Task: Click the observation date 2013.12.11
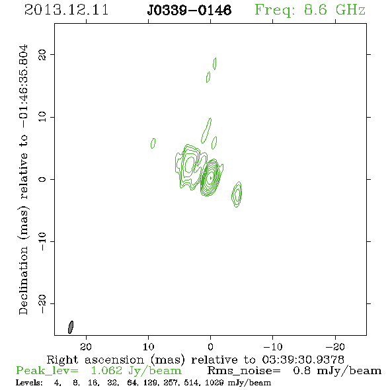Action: (x=66, y=10)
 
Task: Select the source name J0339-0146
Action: (x=189, y=11)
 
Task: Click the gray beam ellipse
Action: (x=71, y=327)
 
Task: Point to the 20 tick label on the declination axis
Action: (x=42, y=55)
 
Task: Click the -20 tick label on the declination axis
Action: (x=42, y=303)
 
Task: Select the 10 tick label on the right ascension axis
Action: (x=149, y=346)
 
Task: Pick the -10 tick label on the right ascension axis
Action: (x=273, y=346)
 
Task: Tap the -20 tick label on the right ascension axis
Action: (x=335, y=346)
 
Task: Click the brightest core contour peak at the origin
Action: (x=211, y=178)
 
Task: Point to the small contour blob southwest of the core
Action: (x=237, y=194)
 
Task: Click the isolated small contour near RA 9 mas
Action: (x=153, y=143)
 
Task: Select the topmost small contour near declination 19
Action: (x=215, y=63)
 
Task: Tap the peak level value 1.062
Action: (x=106, y=371)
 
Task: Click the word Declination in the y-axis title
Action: (x=23, y=280)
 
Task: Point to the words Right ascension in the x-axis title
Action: (x=96, y=360)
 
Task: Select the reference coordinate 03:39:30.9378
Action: (x=303, y=360)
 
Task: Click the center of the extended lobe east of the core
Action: (x=190, y=165)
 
